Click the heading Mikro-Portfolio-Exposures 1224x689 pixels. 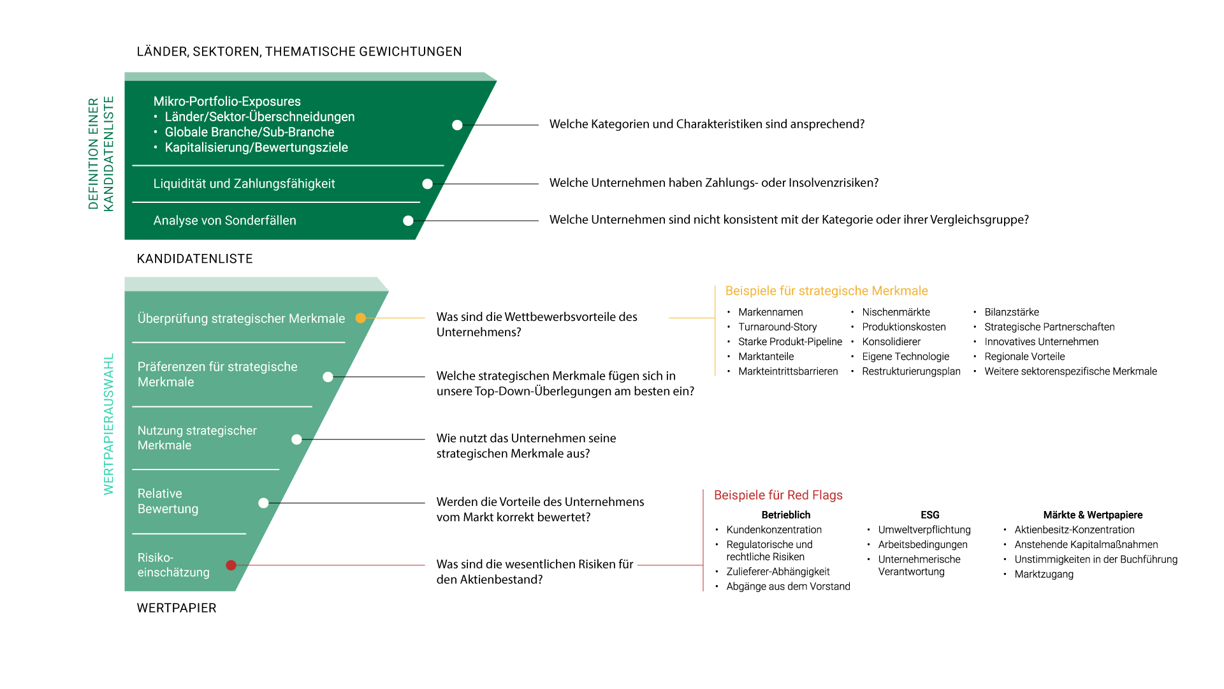227,101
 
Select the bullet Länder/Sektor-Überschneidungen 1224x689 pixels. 259,117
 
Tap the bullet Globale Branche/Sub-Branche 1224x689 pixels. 249,132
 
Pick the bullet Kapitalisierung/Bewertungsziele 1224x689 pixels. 256,147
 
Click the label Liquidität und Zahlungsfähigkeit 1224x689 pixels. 244,184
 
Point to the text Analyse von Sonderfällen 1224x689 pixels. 224,221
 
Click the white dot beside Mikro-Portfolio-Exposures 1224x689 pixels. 457,125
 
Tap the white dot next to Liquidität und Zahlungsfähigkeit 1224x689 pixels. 428,184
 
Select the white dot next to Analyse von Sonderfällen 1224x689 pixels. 408,221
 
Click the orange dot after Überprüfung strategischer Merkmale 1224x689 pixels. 361,318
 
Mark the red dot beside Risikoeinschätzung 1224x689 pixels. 231,565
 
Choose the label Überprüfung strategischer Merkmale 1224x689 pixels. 241,318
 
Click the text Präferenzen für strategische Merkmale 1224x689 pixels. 217,374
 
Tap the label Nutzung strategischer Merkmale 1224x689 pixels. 197,438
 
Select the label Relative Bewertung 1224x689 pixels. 168,501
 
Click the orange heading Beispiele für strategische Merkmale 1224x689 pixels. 826,291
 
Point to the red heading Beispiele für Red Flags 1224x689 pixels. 778,495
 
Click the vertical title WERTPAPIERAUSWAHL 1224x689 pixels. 109,424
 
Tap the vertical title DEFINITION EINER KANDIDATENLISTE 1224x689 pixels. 101,153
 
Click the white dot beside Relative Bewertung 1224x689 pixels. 263,503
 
